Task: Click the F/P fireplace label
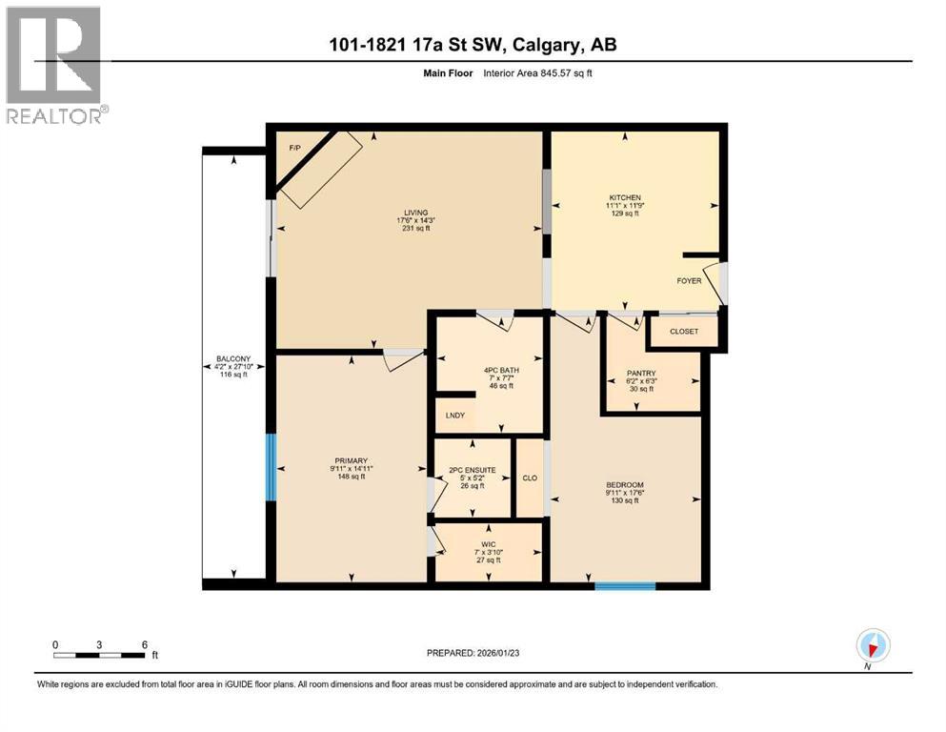click(294, 149)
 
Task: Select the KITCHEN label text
click(625, 197)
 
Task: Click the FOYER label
click(689, 281)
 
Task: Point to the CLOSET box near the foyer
click(684, 332)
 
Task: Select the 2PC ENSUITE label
click(473, 470)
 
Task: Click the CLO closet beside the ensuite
click(530, 478)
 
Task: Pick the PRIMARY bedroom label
click(350, 460)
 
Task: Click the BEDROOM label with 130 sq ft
click(625, 485)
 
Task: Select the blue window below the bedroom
click(625, 586)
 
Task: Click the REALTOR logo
click(54, 65)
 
